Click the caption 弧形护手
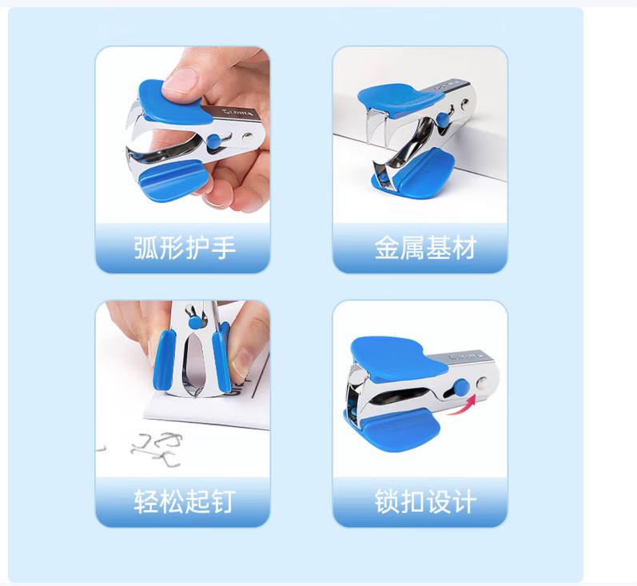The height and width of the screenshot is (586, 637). point(185,248)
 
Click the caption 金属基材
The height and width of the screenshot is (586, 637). point(425,248)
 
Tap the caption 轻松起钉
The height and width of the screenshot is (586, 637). point(185,501)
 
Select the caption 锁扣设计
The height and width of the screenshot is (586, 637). point(425,501)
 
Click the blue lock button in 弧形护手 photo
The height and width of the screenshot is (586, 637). point(213,142)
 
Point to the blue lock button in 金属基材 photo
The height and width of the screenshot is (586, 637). point(443,118)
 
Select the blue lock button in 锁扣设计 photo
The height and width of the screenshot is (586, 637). point(461,387)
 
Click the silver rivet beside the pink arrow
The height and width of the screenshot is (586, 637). point(482,383)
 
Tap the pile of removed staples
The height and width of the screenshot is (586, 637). point(157,448)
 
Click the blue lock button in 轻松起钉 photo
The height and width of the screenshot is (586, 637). point(195,322)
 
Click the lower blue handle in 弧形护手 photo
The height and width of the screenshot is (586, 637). point(173,181)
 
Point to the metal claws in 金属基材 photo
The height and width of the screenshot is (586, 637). point(377,126)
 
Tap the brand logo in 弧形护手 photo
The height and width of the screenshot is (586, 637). point(237,112)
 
